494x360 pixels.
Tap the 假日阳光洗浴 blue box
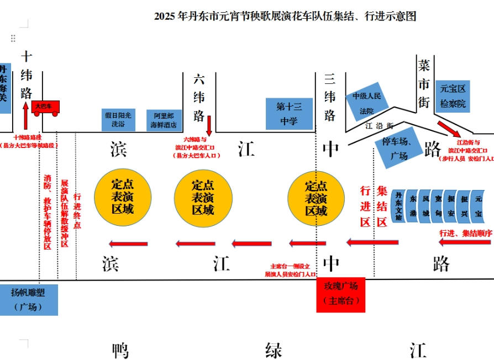point(118,119)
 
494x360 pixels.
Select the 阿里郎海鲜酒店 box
point(164,120)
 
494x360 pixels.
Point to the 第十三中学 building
point(289,114)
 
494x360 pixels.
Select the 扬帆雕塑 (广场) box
point(29,299)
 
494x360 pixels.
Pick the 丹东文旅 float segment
point(398,205)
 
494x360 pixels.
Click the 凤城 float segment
point(425,205)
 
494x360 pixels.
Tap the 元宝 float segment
point(478,205)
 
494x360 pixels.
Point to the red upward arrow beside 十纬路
point(25,115)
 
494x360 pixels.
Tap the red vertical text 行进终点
point(77,210)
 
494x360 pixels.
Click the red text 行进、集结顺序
point(465,233)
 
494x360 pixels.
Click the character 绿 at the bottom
point(274,350)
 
